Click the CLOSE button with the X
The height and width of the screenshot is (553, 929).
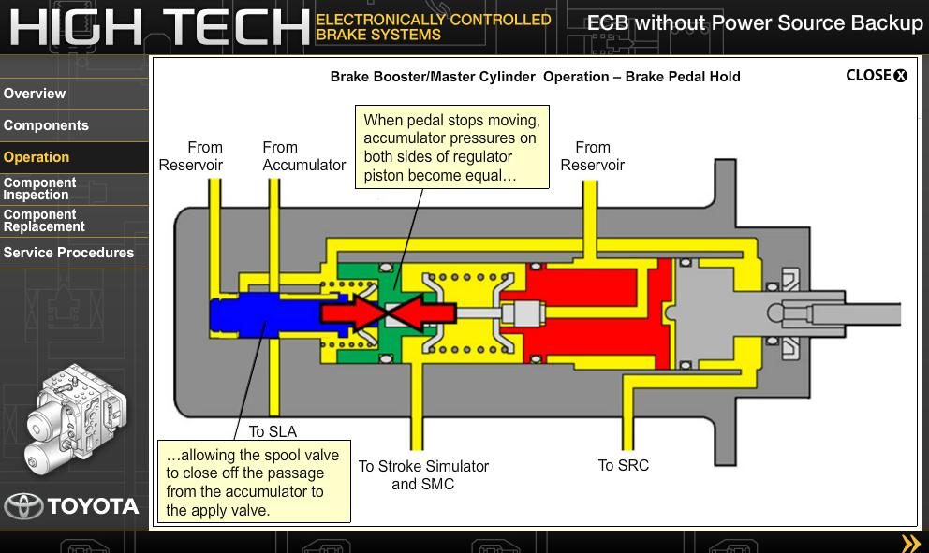click(x=877, y=76)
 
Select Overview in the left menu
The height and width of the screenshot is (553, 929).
click(x=35, y=94)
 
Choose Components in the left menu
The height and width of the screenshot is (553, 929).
click(x=46, y=125)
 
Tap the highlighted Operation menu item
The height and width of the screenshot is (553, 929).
click(x=37, y=157)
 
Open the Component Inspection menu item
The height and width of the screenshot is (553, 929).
click(x=39, y=189)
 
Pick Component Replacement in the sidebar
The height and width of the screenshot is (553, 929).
click(x=44, y=221)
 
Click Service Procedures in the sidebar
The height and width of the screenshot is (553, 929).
click(x=68, y=253)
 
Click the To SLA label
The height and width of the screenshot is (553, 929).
click(x=273, y=431)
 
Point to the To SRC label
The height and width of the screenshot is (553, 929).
click(x=623, y=465)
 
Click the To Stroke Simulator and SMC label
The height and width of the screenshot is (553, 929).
click(x=423, y=474)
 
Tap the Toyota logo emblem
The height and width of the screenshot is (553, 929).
click(x=23, y=506)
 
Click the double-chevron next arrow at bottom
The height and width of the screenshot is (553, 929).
click(x=910, y=543)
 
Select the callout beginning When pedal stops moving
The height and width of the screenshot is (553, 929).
click(x=451, y=147)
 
